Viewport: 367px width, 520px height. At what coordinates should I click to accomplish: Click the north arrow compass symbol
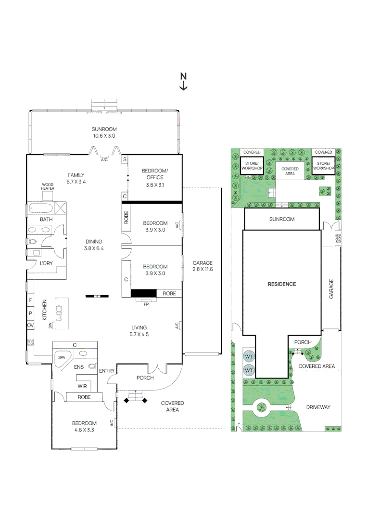[x=183, y=81]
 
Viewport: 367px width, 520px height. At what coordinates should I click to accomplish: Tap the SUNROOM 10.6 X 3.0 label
[x=104, y=132]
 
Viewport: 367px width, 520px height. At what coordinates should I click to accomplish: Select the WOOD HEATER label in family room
[x=48, y=186]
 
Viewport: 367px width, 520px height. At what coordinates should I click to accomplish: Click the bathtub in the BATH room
[x=42, y=209]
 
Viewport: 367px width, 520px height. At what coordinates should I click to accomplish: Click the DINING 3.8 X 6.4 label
[x=94, y=245]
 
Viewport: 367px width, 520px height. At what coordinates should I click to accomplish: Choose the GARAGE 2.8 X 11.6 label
[x=202, y=266]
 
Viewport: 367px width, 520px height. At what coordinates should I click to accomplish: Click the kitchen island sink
[x=60, y=313]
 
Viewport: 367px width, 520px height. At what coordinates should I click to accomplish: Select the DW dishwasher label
[x=51, y=325]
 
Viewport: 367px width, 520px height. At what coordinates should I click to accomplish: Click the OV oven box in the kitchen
[x=30, y=326]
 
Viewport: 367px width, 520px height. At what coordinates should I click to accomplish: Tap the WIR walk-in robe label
[x=82, y=386]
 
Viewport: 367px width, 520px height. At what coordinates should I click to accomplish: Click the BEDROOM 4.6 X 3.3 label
[x=84, y=427]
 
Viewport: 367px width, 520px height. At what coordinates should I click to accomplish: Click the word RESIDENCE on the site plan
[x=282, y=284]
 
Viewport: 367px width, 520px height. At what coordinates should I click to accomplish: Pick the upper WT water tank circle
[x=249, y=357]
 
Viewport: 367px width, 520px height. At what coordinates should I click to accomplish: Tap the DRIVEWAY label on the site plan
[x=318, y=407]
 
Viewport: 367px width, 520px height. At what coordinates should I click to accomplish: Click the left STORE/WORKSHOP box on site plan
[x=252, y=166]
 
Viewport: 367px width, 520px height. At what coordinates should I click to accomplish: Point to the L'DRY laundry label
[x=46, y=263]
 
